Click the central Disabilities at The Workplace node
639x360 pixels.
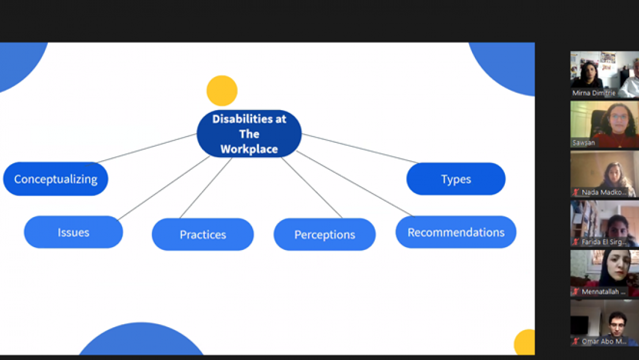coord(249,134)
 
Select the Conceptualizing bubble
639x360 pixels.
coord(56,179)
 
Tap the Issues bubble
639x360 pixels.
coord(73,233)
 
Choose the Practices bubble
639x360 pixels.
coord(203,234)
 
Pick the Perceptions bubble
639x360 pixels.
coord(325,234)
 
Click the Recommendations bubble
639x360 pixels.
coord(456,232)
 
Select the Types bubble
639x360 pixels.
coord(456,179)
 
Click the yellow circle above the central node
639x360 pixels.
coord(222,91)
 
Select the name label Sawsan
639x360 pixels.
coord(583,142)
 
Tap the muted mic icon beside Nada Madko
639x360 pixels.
coord(576,192)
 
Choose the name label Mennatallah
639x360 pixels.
coord(604,292)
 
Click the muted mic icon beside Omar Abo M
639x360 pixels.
coord(576,342)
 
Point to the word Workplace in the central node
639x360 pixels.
coord(249,149)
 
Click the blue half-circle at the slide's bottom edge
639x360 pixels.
coord(141,343)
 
